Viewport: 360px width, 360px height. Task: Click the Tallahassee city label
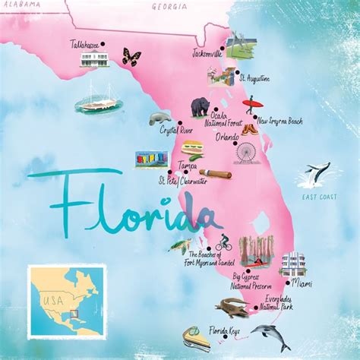(x=85, y=45)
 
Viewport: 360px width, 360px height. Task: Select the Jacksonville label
(x=207, y=55)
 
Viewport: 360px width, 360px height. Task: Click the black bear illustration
(x=201, y=106)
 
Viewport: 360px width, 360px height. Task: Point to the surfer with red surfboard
(x=251, y=105)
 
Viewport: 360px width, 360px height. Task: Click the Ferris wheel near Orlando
(x=246, y=153)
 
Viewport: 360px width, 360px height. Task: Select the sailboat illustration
(x=102, y=98)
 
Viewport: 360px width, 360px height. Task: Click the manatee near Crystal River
(x=161, y=117)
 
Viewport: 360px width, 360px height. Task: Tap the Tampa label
(x=188, y=165)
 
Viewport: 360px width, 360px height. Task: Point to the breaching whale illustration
(x=314, y=175)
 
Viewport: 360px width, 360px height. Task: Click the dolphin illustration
(x=268, y=334)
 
